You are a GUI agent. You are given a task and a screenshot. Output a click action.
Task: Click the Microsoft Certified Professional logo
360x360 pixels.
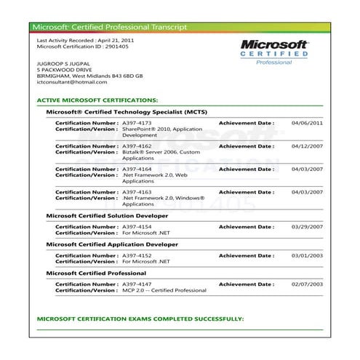(x=276, y=52)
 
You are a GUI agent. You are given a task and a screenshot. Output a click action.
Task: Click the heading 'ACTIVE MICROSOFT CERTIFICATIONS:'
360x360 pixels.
(x=97, y=99)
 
